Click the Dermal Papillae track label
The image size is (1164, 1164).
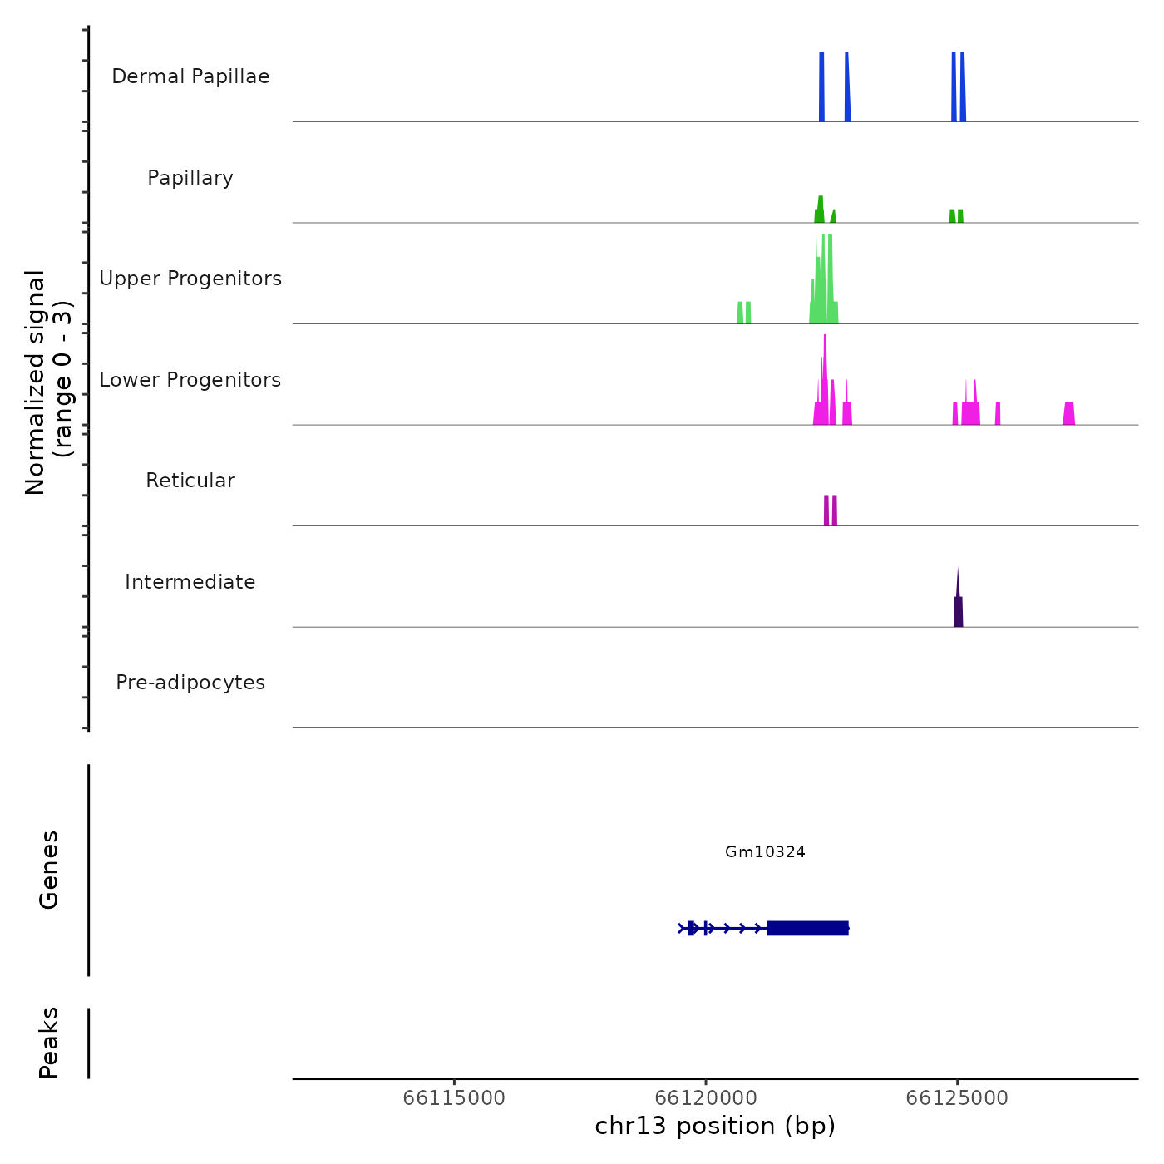tap(190, 76)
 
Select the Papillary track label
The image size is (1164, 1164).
tap(190, 178)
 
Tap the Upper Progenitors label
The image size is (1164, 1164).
tap(190, 279)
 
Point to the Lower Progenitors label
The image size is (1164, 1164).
tap(190, 380)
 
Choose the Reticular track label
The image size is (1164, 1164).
tap(190, 481)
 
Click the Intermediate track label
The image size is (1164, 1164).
tap(190, 582)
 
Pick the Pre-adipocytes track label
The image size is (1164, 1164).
tap(190, 683)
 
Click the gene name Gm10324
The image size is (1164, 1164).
tap(765, 852)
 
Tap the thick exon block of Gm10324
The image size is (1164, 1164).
tap(807, 928)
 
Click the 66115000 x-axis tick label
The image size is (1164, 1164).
tap(454, 1098)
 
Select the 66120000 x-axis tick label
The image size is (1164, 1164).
tap(706, 1098)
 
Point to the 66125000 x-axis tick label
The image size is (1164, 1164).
tap(957, 1098)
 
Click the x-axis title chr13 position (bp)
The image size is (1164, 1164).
tap(715, 1126)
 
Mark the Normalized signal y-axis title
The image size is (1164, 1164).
tap(48, 382)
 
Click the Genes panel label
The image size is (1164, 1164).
tap(49, 870)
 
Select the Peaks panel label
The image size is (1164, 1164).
tap(49, 1043)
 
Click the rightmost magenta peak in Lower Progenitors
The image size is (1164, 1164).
tap(1069, 414)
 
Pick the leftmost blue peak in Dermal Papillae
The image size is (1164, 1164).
tap(821, 87)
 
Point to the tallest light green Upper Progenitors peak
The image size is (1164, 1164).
tap(829, 279)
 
